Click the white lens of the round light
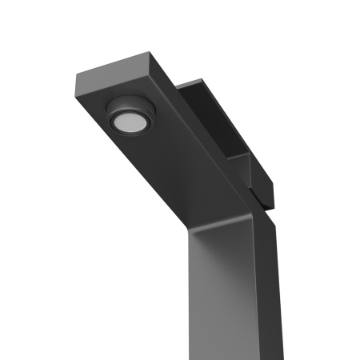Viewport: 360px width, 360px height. click(127, 122)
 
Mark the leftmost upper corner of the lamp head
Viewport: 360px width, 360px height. click(75, 76)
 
